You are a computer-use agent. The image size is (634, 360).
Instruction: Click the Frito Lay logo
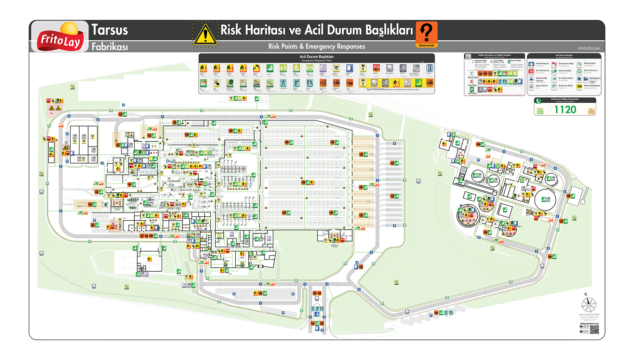[60, 37]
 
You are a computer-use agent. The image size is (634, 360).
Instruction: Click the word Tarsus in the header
[110, 30]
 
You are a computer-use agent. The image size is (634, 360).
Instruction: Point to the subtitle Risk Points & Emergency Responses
[317, 46]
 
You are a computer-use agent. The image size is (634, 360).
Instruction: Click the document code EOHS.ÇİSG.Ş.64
[588, 48]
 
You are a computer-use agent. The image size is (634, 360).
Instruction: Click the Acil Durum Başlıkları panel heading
[316, 57]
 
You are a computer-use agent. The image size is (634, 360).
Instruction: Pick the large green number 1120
[565, 110]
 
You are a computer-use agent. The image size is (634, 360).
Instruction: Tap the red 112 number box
[591, 112]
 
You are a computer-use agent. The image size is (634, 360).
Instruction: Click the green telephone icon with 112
[538, 101]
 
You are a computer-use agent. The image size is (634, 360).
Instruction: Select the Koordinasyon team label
[542, 64]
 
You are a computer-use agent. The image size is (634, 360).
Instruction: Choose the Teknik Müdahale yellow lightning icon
[579, 86]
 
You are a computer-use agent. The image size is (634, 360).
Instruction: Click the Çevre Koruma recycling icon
[579, 71]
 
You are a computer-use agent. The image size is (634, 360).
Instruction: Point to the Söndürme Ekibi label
[566, 64]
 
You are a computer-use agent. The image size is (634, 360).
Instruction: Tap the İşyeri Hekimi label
[542, 86]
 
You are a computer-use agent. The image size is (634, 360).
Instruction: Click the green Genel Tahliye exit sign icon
[509, 61]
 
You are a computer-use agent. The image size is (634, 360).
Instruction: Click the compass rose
[589, 305]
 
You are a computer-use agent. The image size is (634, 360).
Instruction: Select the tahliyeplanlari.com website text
[589, 324]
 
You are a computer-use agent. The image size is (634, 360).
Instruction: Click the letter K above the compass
[586, 294]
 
